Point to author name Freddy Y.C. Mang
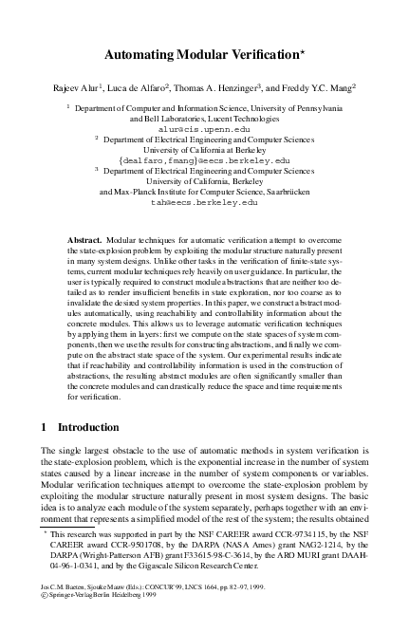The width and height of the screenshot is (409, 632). [318, 88]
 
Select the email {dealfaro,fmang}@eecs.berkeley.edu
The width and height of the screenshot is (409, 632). [204, 160]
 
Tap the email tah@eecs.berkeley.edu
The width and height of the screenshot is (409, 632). [204, 201]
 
